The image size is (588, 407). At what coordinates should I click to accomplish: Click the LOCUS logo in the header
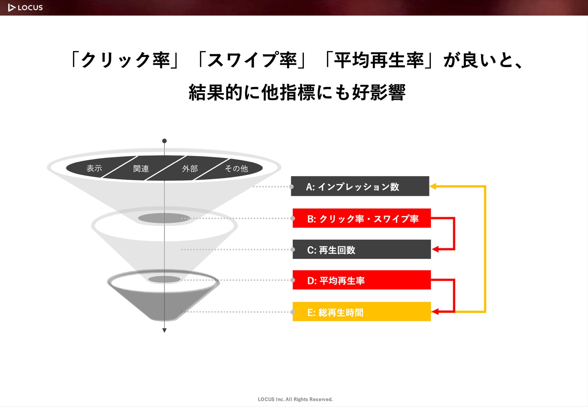tap(25, 8)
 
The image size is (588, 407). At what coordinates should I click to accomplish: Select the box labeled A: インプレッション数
tap(360, 186)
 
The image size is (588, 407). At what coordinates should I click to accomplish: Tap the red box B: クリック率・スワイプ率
tap(361, 218)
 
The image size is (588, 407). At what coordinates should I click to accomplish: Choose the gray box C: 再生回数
tap(361, 249)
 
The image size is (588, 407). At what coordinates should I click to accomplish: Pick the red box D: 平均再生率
tap(361, 280)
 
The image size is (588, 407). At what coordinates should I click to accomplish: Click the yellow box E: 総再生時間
tap(361, 312)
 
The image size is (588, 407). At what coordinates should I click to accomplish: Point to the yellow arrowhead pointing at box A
tap(433, 186)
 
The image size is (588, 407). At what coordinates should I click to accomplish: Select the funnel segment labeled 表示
tap(94, 168)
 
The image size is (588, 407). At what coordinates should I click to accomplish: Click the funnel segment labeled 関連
tap(141, 169)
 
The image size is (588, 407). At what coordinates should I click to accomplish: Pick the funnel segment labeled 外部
tap(190, 169)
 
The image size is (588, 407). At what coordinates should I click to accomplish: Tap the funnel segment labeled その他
tap(236, 169)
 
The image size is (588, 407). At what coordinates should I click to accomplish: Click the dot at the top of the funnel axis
tap(164, 141)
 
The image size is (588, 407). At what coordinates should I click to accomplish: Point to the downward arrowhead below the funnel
tap(164, 330)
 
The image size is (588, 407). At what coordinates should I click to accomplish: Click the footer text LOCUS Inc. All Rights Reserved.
tap(295, 399)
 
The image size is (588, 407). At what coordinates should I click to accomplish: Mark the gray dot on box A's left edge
tap(291, 187)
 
